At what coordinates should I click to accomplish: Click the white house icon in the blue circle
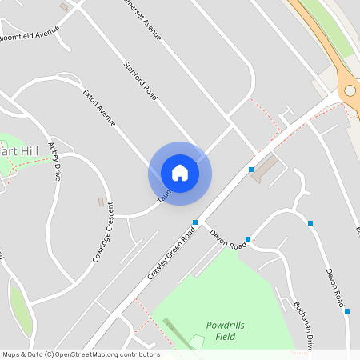pos(180,172)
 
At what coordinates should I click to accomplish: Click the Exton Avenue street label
pos(100,108)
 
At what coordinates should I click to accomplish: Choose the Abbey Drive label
pos(54,161)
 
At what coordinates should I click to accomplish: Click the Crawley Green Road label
pos(171,254)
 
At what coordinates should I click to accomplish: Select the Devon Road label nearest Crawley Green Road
pos(228,239)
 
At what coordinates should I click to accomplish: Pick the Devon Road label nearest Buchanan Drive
pos(334,289)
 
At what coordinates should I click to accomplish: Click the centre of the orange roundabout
pos(353,90)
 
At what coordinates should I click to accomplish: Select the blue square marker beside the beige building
pos(251,170)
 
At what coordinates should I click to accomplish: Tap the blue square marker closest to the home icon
pos(195,222)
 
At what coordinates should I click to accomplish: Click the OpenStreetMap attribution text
pos(81,354)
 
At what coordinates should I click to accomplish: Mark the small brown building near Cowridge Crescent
pos(101,202)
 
